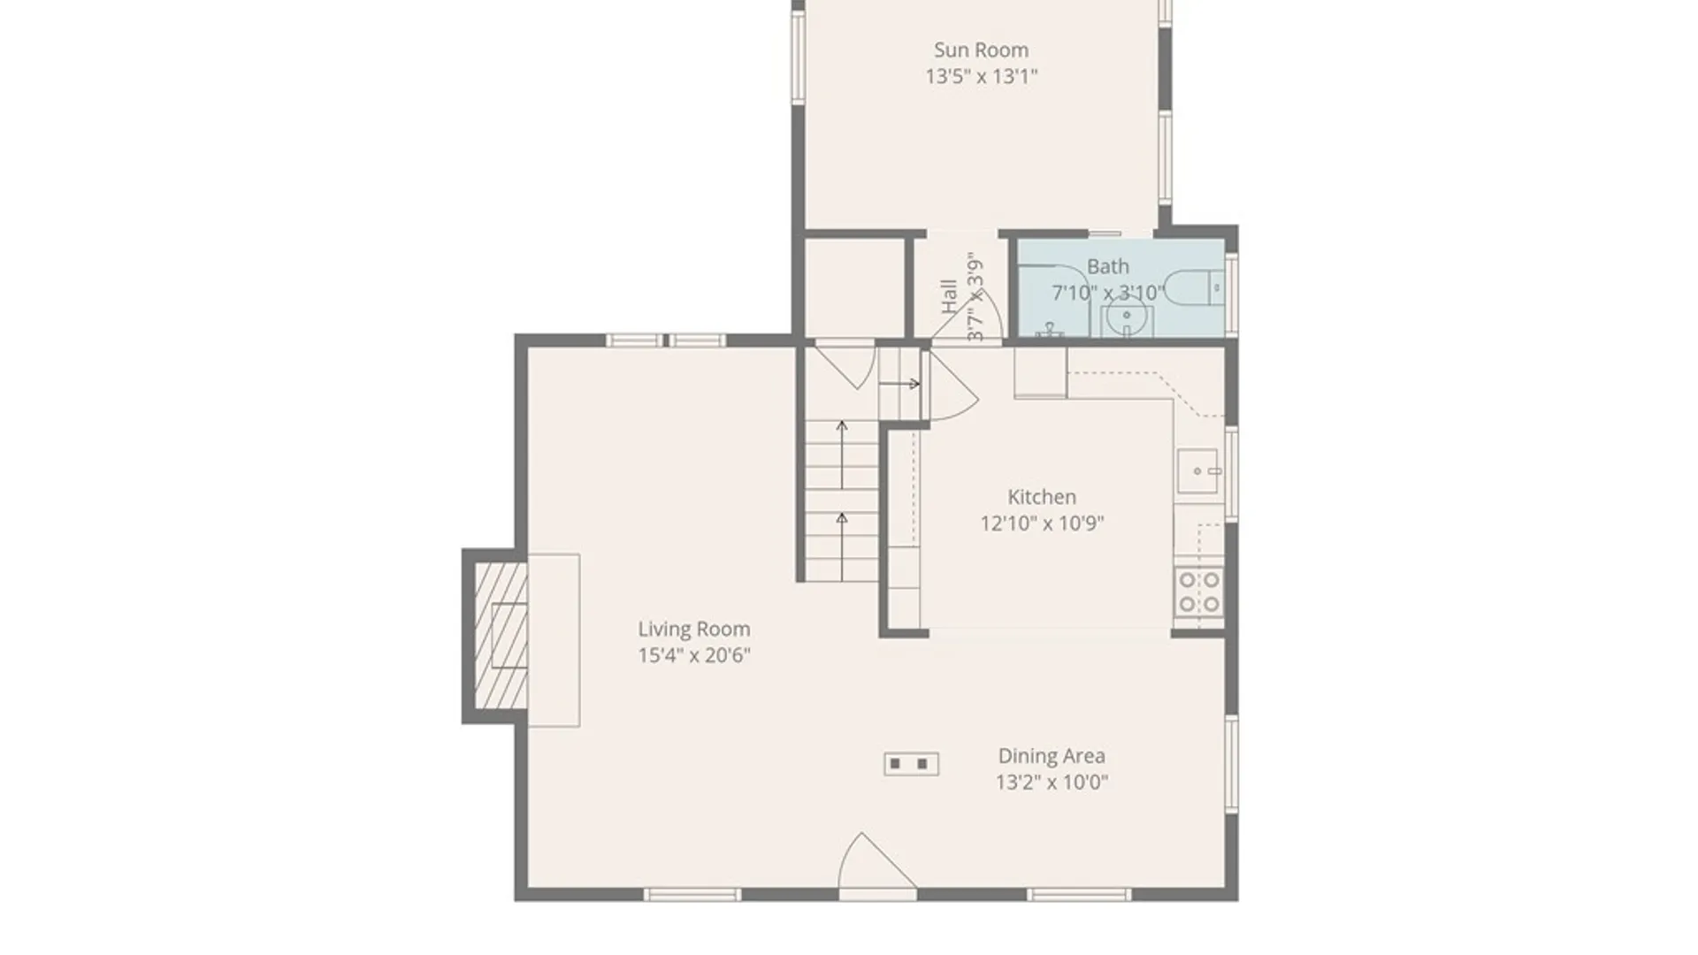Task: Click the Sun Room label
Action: [x=981, y=50]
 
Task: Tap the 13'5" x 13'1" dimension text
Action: [x=981, y=76]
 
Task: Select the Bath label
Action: [x=1107, y=266]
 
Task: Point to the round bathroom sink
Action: [x=1127, y=317]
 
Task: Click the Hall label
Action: [x=949, y=296]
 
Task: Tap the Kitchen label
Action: [x=1042, y=497]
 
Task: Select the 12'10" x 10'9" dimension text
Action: [x=1042, y=523]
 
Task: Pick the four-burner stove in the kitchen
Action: [x=1199, y=592]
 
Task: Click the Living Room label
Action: [x=694, y=630]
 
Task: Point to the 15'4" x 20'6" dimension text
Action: [x=694, y=655]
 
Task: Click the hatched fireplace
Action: [x=501, y=636]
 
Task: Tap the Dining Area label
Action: [x=1052, y=756]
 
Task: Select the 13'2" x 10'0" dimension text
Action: [x=1052, y=782]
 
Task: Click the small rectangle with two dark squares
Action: [x=911, y=764]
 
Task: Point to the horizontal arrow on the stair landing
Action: [x=901, y=384]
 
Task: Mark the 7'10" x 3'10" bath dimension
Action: [x=1107, y=293]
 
